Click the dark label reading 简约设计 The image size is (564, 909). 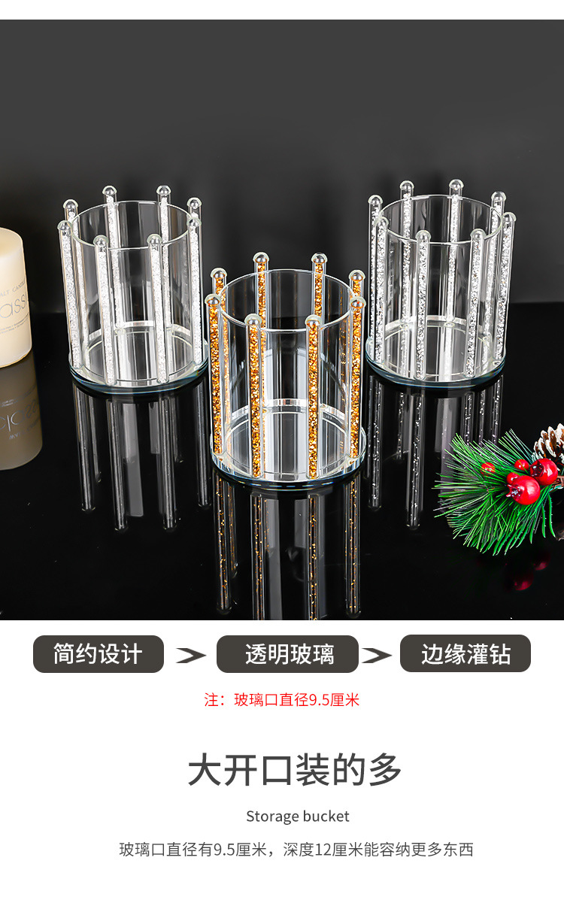[98, 654]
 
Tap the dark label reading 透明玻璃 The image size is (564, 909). [288, 654]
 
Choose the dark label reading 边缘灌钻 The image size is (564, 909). [465, 654]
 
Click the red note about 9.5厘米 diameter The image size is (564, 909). [282, 700]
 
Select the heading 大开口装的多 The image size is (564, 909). [295, 771]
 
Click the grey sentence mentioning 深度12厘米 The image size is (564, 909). [296, 850]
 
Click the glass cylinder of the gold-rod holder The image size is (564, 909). [286, 353]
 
